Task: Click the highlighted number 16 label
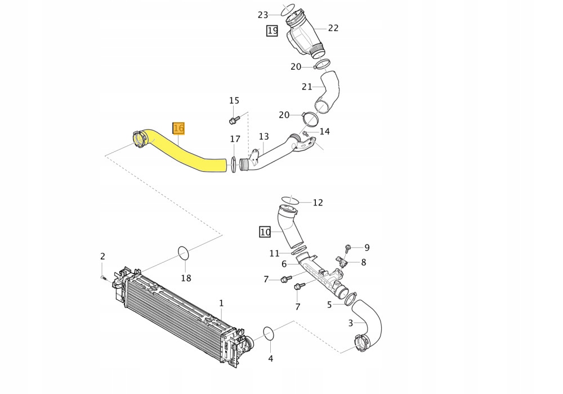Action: pyautogui.click(x=178, y=128)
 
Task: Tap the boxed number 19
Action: pyautogui.click(x=272, y=30)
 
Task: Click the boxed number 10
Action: pyautogui.click(x=265, y=231)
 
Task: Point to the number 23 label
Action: pyautogui.click(x=263, y=15)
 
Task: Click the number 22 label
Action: pyautogui.click(x=333, y=28)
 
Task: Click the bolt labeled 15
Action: pyautogui.click(x=234, y=119)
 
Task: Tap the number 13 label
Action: pyautogui.click(x=264, y=137)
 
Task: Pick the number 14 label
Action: pyautogui.click(x=324, y=132)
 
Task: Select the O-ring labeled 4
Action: pyautogui.click(x=269, y=333)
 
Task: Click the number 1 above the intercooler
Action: pyautogui.click(x=221, y=303)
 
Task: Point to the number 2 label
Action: pyautogui.click(x=102, y=257)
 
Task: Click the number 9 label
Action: pyautogui.click(x=367, y=247)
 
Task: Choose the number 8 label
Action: pyautogui.click(x=364, y=262)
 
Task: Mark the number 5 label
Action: pyautogui.click(x=329, y=305)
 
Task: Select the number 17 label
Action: pyautogui.click(x=235, y=139)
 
